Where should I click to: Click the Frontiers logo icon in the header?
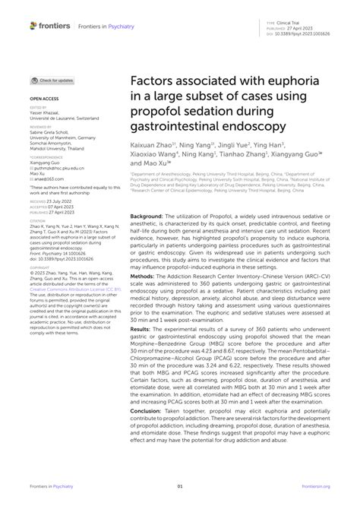tap(33, 26)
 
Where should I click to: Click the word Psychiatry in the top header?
tap(118, 27)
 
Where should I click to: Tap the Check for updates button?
tap(53, 80)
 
